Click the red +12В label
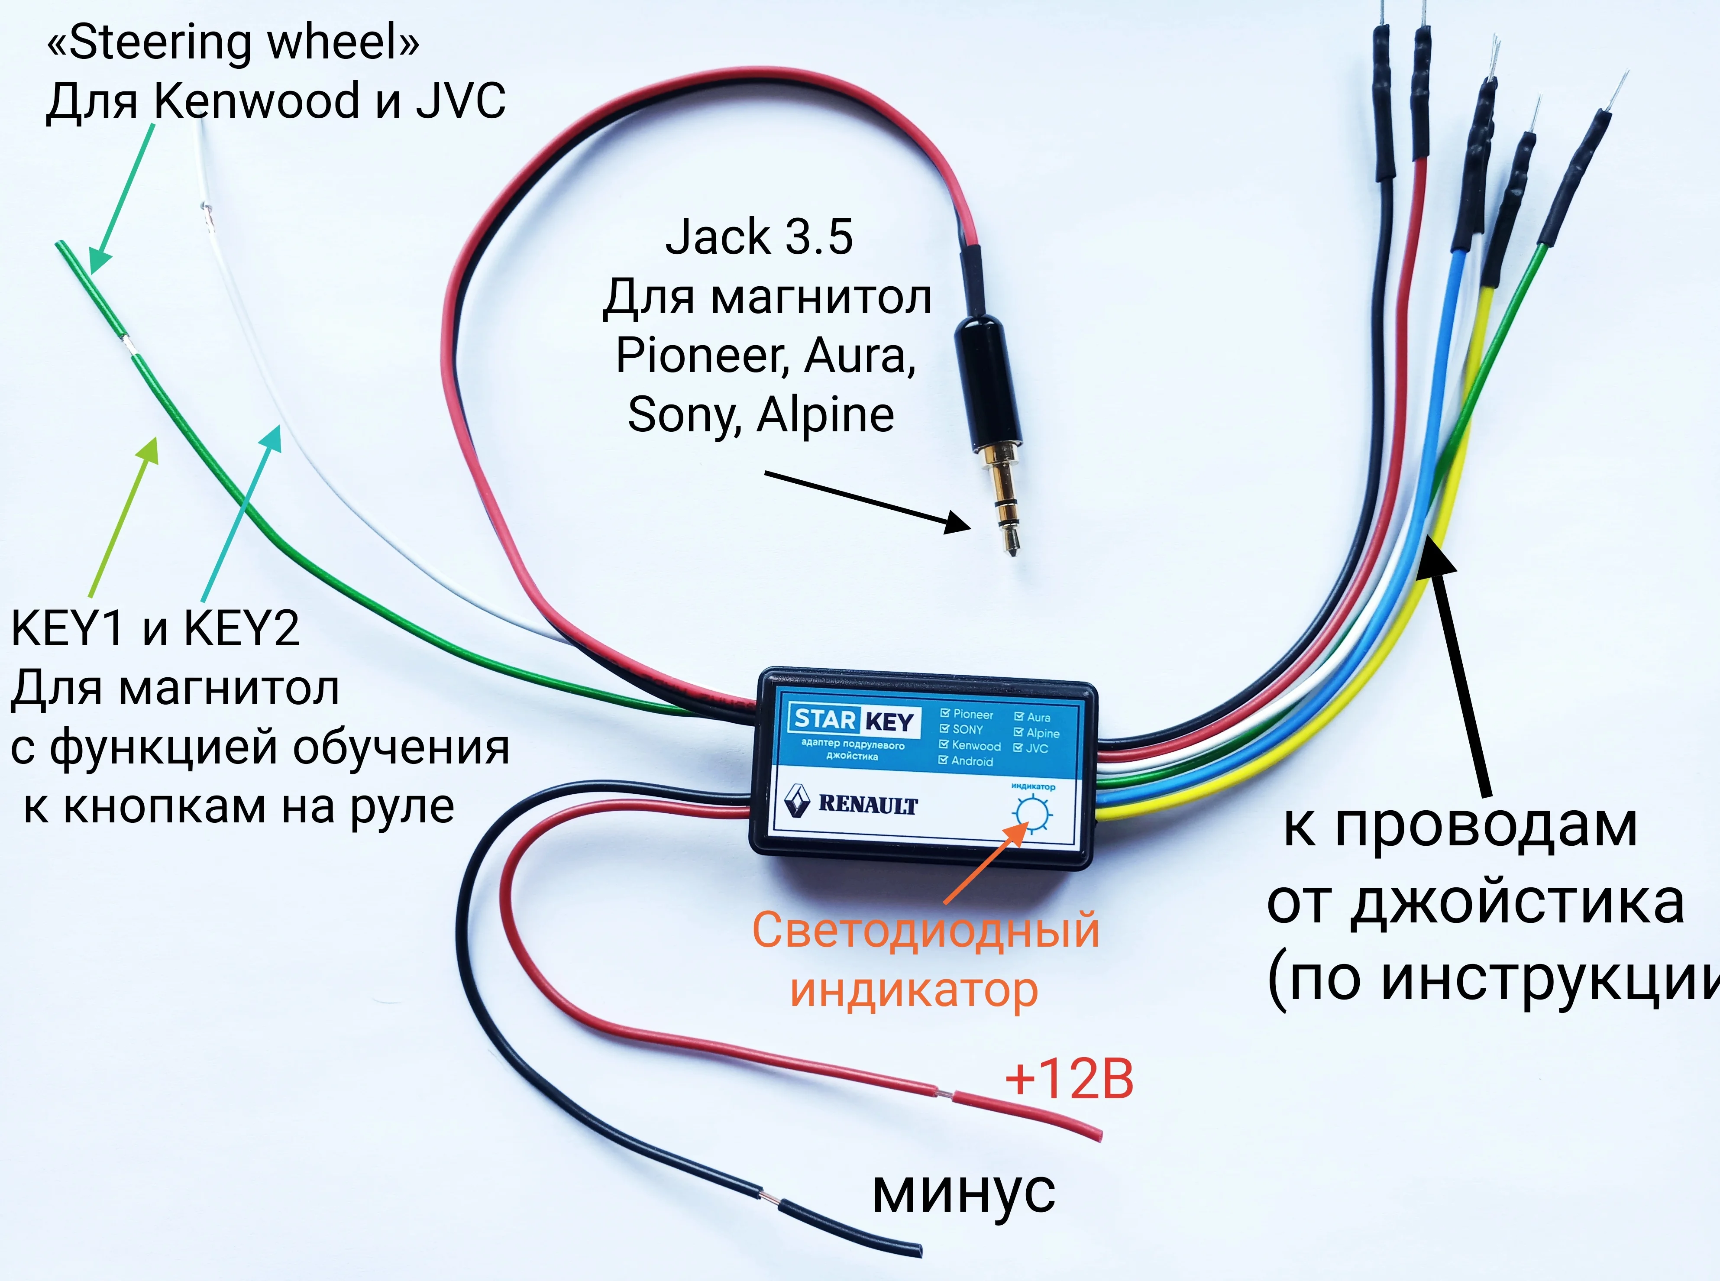pyautogui.click(x=1069, y=1079)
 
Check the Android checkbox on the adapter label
pyautogui.click(x=944, y=761)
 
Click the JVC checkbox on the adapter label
pyautogui.click(x=1018, y=748)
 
